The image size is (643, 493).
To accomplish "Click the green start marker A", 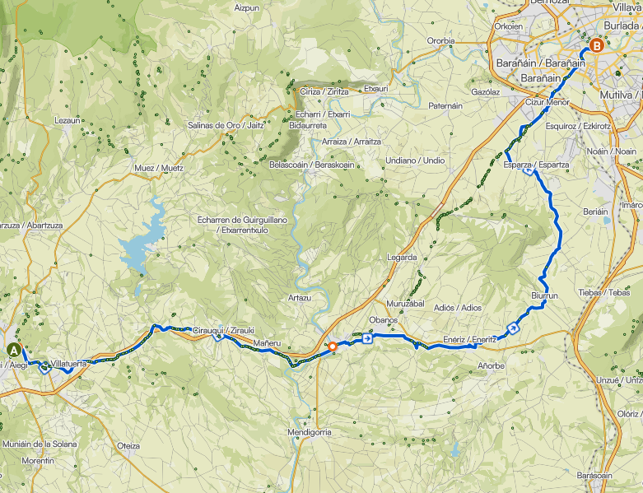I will point(14,350).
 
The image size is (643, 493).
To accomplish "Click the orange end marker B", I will point(596,46).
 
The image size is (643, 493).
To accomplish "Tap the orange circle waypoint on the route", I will point(332,346).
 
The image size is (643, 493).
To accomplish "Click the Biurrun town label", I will point(545,295).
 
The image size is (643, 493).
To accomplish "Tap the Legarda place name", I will point(402,258).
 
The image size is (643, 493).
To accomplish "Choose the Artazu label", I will point(300,297).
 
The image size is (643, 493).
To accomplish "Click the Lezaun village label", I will point(67,120).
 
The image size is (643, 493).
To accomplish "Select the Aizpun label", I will point(247,7).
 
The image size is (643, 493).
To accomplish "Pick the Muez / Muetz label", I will point(159,168).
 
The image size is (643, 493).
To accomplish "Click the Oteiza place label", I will point(128,445).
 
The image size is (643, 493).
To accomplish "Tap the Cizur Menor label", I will point(547,102).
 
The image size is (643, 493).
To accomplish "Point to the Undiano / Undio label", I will point(415,160).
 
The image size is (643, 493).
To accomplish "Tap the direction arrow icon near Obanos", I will point(366,337).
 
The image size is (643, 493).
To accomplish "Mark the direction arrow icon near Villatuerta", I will point(44,367).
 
